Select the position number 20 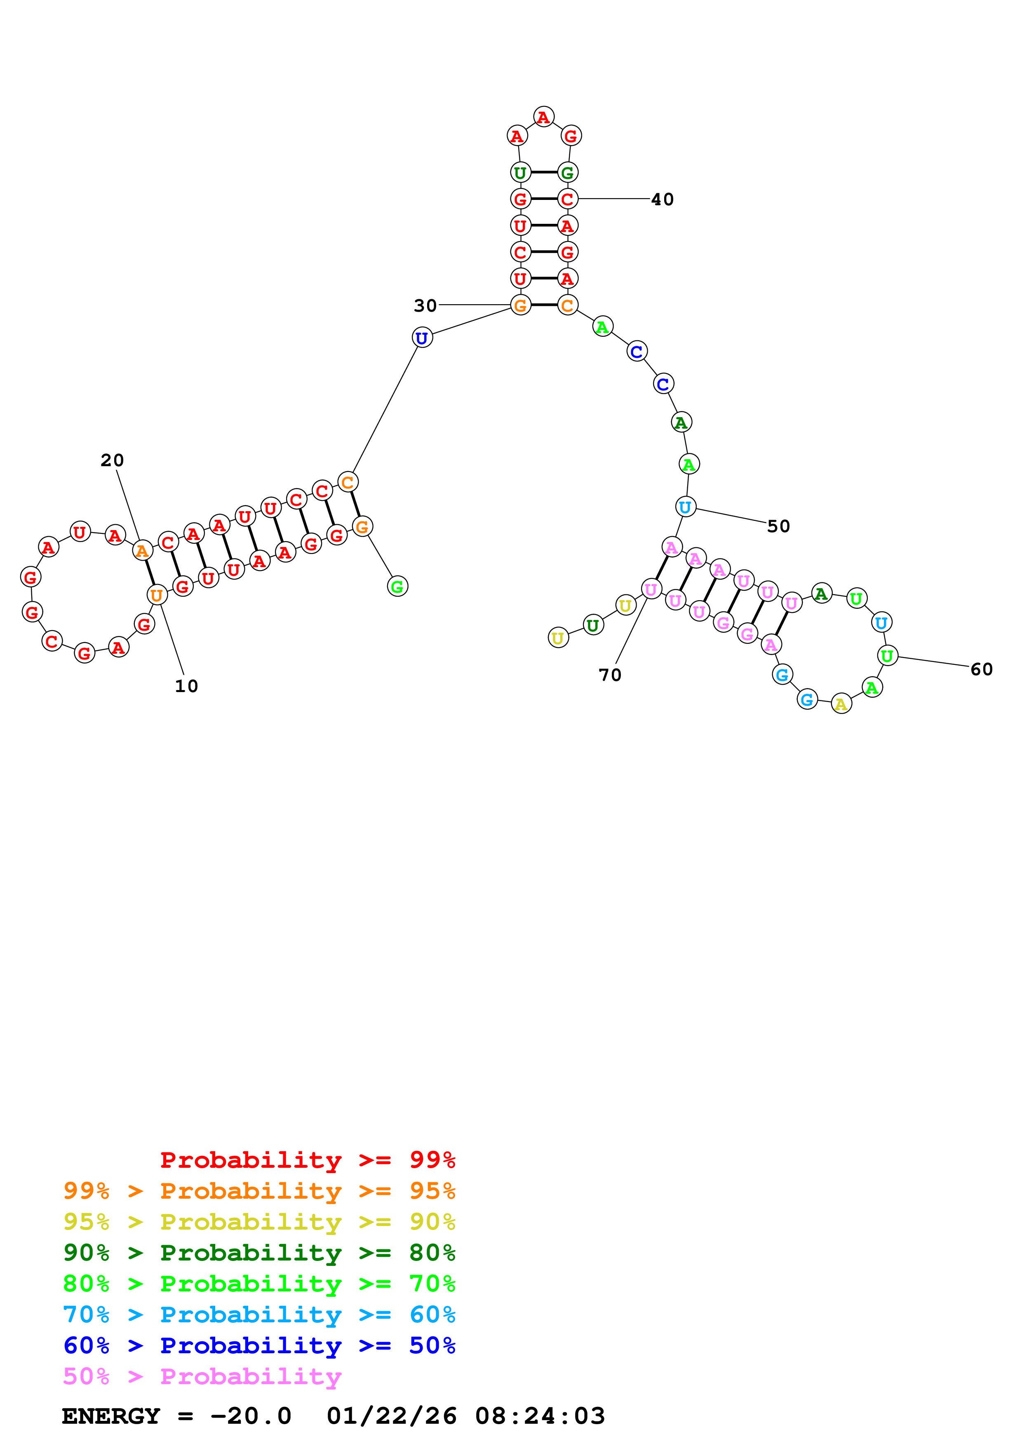[x=112, y=460]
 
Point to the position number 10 [x=186, y=686]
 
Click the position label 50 [x=778, y=526]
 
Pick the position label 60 [x=981, y=669]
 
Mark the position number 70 [x=610, y=675]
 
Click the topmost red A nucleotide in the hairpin [x=543, y=117]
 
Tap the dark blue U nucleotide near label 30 [x=422, y=338]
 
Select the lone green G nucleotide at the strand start [x=397, y=586]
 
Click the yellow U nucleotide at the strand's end [x=558, y=638]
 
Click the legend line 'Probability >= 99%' [x=307, y=1160]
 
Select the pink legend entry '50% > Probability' [x=202, y=1377]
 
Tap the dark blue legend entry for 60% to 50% [x=259, y=1346]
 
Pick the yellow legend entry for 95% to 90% [x=259, y=1222]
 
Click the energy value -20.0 [x=251, y=1416]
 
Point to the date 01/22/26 [x=391, y=1416]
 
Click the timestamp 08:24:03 [x=540, y=1416]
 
